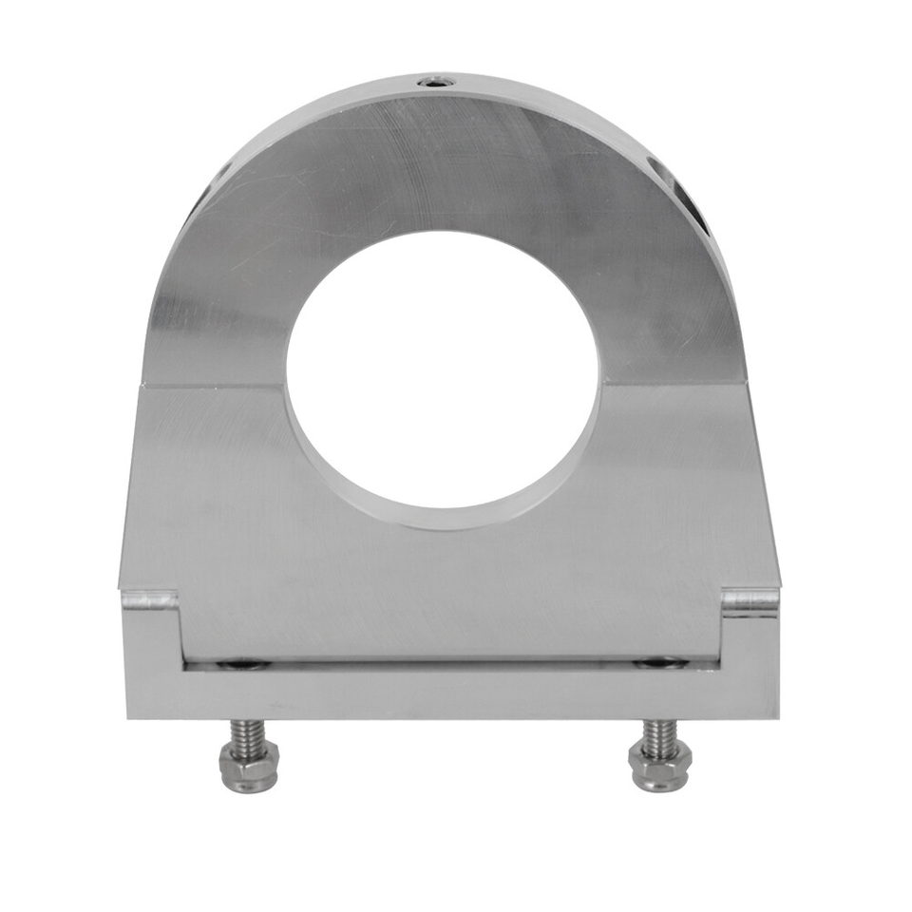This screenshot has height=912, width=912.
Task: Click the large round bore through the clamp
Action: point(442,375)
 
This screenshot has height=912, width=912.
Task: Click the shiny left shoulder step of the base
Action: point(150,600)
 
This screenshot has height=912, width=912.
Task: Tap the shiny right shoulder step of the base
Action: point(750,600)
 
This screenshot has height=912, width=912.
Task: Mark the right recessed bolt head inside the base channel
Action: point(657,662)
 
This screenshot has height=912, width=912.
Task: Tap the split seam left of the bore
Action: point(214,386)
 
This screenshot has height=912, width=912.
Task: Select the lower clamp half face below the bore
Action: point(446,589)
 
